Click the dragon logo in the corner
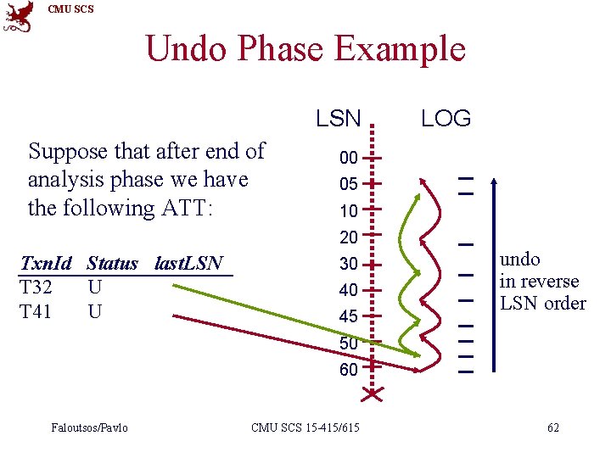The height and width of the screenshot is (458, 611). click(x=19, y=17)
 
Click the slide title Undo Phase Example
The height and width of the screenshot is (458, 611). click(x=305, y=48)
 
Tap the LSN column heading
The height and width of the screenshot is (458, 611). click(x=339, y=119)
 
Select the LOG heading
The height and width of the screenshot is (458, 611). click(x=446, y=119)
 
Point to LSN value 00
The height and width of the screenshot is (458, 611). click(x=348, y=158)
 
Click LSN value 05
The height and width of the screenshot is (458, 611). click(x=348, y=184)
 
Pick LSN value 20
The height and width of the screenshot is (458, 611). click(x=348, y=237)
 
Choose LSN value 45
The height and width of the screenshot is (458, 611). click(x=348, y=316)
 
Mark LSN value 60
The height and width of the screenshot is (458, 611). click(x=348, y=370)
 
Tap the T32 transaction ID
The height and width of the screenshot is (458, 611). click(x=36, y=288)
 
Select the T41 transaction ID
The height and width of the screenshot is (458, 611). click(x=36, y=312)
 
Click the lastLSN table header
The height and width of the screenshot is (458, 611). click(x=188, y=264)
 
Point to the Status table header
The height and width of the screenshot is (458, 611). click(x=112, y=264)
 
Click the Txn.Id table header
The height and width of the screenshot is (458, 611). click(x=46, y=264)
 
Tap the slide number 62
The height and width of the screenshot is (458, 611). click(x=552, y=427)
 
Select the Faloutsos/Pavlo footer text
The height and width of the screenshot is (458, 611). click(x=89, y=427)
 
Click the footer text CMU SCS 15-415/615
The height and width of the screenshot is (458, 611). click(x=305, y=427)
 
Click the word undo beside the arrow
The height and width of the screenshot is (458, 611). click(x=519, y=260)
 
